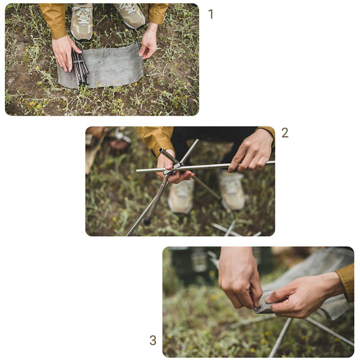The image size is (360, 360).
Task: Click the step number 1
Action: pos(210,14)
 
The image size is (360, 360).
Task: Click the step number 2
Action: pos(284,133)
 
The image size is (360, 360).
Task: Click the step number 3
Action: pos(153,340)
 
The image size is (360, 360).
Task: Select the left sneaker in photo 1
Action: pos(81,22)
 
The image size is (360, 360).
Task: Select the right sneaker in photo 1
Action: pos(130,15)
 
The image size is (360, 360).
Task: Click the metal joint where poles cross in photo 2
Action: pos(176,166)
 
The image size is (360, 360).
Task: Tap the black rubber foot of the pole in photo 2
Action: pos(148,221)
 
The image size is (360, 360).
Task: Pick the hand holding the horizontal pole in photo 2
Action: pos(252,151)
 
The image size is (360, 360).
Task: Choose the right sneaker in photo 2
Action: pos(232,190)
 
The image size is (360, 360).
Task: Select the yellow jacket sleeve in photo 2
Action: pos(156,139)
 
